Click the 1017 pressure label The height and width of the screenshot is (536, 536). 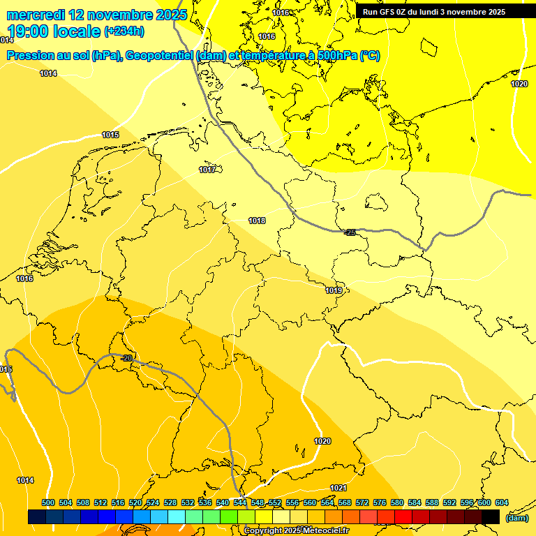207,170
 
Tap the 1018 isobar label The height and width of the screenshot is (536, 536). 257,221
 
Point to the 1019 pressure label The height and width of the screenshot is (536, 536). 334,290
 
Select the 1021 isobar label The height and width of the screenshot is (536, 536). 338,488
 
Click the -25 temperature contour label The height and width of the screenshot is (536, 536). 350,232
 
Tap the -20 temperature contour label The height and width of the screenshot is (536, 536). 126,358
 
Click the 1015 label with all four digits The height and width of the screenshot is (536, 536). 110,135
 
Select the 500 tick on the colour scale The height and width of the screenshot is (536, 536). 48,502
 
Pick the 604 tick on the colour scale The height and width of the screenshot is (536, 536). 501,502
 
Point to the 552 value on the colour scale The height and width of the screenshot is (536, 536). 275,502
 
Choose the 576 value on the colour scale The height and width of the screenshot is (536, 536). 380,502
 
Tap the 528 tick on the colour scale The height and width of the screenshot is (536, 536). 170,502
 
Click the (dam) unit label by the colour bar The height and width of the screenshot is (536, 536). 516,517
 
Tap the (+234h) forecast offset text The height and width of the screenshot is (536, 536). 124,31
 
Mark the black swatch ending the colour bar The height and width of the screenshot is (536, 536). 491,516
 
